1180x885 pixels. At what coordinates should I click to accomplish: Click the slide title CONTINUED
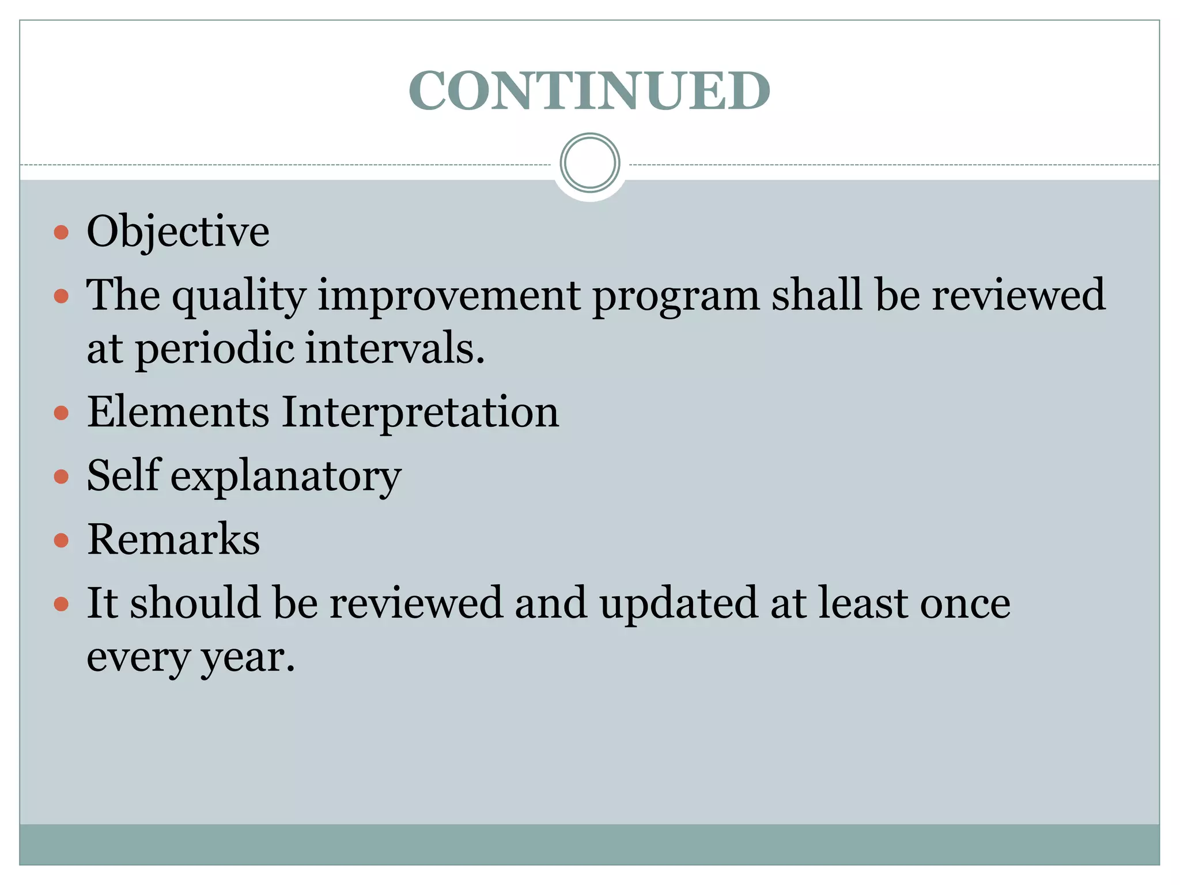pyautogui.click(x=589, y=91)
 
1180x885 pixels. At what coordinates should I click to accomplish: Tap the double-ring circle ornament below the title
pyautogui.click(x=589, y=163)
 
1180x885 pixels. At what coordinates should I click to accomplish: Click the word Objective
pyautogui.click(x=178, y=232)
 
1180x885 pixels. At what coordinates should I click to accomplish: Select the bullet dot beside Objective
pyautogui.click(x=61, y=233)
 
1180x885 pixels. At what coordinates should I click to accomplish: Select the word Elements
pyautogui.click(x=178, y=412)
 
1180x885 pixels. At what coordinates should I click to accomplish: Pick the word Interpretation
pyautogui.click(x=420, y=413)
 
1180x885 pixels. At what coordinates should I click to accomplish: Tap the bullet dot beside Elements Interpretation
pyautogui.click(x=61, y=413)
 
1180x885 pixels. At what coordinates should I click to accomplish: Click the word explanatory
pyautogui.click(x=286, y=477)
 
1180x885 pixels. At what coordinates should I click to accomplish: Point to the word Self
pyautogui.click(x=123, y=475)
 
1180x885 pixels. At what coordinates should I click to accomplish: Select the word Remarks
pyautogui.click(x=173, y=539)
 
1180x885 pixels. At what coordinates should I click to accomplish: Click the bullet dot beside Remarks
pyautogui.click(x=61, y=540)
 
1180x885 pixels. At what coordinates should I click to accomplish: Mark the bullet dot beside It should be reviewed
pyautogui.click(x=61, y=604)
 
